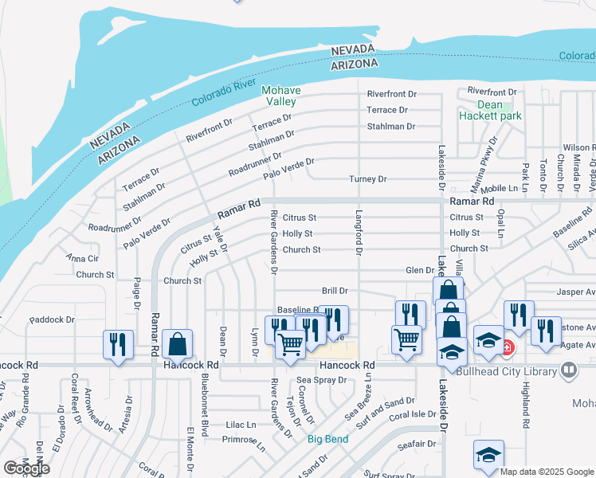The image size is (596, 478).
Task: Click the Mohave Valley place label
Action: coord(280,96)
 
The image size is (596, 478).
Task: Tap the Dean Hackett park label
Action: coord(490,110)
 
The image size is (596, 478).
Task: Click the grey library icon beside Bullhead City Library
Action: coord(569,370)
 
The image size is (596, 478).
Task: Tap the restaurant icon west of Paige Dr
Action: coord(118,345)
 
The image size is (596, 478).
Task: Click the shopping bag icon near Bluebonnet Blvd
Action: coord(178,345)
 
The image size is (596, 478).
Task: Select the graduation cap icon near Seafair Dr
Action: coord(488,455)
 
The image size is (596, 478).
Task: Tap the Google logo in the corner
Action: coord(26,468)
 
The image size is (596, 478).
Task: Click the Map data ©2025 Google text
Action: coord(547,472)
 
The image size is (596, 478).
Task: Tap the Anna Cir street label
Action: coord(82,258)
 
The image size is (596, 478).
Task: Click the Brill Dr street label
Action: coord(335,292)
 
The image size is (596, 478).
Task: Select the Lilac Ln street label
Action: coord(241,425)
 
